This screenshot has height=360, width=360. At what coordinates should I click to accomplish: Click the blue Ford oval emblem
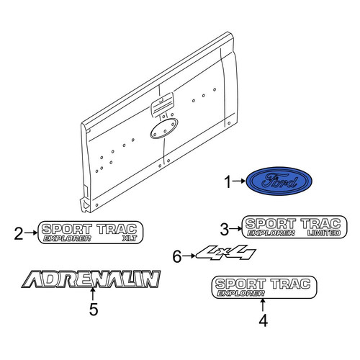(x=279, y=181)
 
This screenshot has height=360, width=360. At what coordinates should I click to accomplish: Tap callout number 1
(x=228, y=181)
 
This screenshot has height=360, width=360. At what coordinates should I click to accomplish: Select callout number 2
(x=19, y=233)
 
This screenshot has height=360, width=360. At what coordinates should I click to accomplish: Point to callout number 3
(x=225, y=229)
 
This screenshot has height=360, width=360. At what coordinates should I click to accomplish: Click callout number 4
(x=264, y=320)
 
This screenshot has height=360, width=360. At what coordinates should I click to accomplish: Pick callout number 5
(x=94, y=309)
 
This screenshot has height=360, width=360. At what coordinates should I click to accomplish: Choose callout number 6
(x=177, y=256)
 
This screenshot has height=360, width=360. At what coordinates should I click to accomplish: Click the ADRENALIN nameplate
(x=91, y=279)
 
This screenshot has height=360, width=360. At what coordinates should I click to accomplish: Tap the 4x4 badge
(x=226, y=252)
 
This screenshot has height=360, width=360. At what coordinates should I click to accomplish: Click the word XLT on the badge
(x=130, y=238)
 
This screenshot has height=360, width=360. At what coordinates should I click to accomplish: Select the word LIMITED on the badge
(x=324, y=233)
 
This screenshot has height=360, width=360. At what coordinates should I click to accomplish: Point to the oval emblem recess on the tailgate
(x=164, y=128)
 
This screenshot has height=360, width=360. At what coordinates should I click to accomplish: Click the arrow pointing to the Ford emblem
(x=239, y=181)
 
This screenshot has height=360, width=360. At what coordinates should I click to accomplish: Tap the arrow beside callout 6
(x=189, y=256)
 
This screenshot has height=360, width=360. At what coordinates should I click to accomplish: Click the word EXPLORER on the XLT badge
(x=67, y=238)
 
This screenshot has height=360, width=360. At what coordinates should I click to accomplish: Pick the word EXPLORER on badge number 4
(x=240, y=293)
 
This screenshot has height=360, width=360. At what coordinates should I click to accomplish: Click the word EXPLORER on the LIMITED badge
(x=271, y=233)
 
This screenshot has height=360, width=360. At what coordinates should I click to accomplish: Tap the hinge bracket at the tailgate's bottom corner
(x=84, y=203)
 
